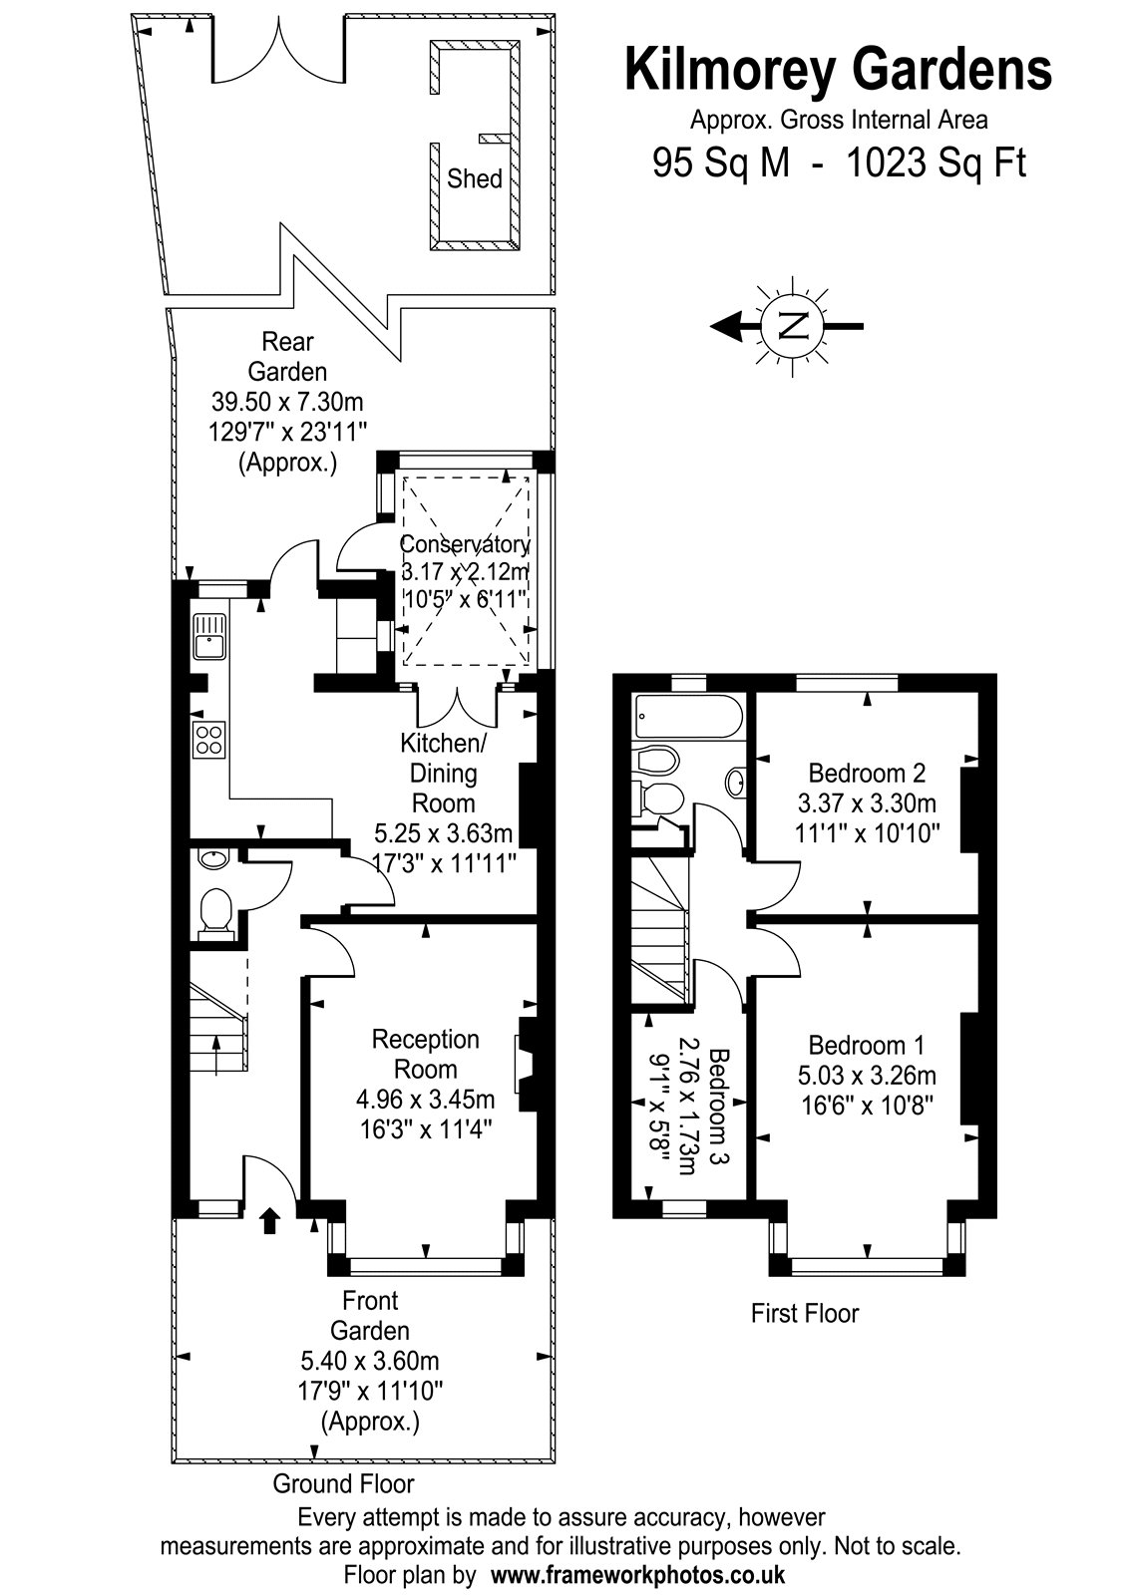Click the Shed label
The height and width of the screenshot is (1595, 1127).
474,178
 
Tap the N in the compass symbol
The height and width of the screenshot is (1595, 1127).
792,327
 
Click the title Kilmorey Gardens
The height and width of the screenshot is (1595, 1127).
839,69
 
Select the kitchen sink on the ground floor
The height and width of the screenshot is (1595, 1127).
208,636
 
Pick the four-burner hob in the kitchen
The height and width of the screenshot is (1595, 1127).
208,739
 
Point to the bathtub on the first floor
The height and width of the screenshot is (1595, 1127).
688,716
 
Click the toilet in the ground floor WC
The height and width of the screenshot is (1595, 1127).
215,913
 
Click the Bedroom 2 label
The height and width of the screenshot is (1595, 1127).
867,773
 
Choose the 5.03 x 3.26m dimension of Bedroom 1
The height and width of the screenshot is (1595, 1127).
867,1076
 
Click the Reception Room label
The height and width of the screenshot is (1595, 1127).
425,1054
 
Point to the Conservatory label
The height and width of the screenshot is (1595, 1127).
465,544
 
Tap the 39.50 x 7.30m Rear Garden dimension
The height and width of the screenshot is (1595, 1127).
287,402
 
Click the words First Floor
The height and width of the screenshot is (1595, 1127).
805,1313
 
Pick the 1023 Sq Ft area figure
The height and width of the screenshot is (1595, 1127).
936,162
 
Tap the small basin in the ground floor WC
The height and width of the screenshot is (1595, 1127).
212,858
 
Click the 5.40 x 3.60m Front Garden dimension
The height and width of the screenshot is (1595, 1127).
370,1361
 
